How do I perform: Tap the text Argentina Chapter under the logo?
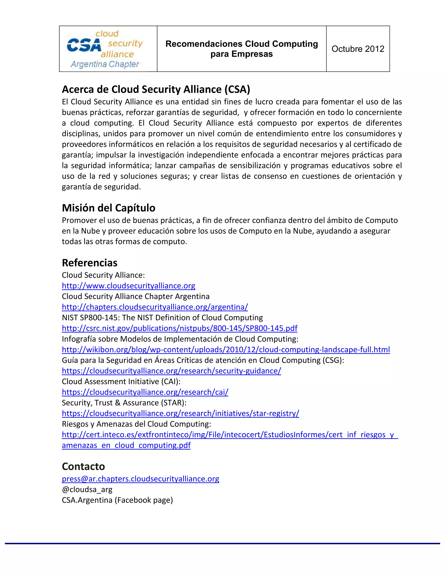click(105, 64)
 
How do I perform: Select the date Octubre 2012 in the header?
click(358, 49)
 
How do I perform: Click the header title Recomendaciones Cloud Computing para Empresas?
click(241, 49)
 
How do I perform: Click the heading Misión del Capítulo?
click(109, 208)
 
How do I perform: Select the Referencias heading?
click(90, 263)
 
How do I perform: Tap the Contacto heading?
click(83, 466)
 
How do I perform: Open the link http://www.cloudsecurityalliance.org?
click(128, 286)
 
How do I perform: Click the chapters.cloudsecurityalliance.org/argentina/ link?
click(155, 307)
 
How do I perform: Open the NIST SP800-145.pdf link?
click(179, 328)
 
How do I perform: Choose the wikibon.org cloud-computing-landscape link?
click(226, 350)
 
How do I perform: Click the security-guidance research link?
click(171, 371)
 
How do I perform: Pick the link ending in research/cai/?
click(145, 392)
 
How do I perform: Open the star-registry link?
click(180, 414)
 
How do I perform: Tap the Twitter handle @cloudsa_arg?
click(87, 490)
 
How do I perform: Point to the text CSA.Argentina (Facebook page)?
click(117, 500)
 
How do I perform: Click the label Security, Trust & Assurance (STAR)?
click(124, 403)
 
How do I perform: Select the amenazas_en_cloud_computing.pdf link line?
click(126, 445)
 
